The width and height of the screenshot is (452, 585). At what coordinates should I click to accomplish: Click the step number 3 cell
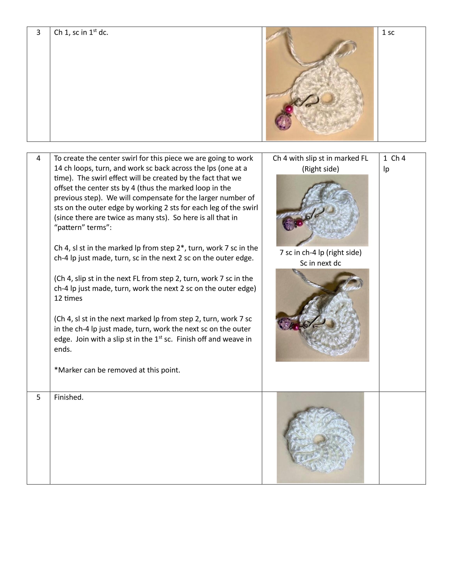point(38,32)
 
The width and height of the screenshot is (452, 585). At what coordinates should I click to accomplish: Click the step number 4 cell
point(38,158)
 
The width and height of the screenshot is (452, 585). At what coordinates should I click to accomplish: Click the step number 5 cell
point(38,397)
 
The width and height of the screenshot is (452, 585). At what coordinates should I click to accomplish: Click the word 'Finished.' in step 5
point(69,397)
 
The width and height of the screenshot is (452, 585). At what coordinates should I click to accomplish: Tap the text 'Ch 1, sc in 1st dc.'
point(81,32)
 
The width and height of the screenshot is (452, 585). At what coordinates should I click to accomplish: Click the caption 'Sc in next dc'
point(320,263)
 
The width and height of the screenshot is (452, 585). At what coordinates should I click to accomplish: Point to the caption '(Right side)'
point(320,169)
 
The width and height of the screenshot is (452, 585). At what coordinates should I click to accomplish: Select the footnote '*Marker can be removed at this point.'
point(117,370)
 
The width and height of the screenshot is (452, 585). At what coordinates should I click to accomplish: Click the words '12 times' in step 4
point(68,298)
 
